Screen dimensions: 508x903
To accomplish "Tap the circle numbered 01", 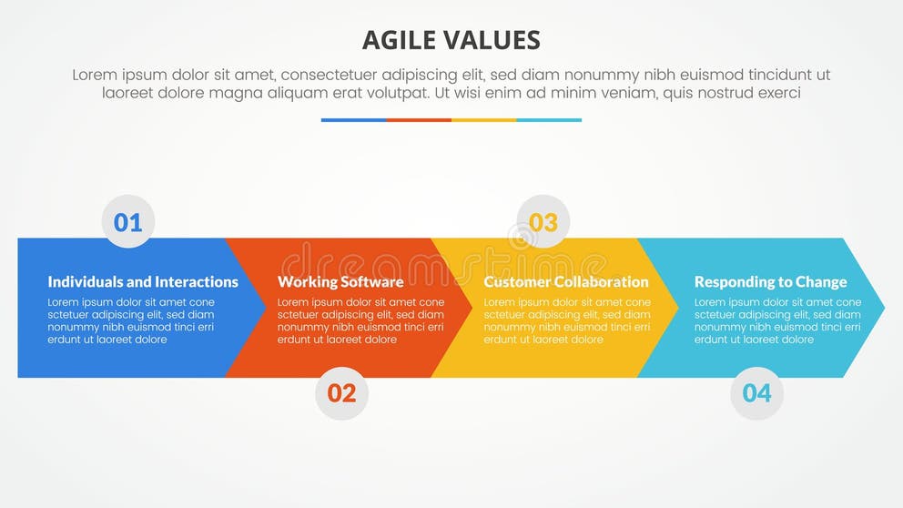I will tap(128, 222).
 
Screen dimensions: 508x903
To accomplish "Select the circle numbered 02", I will tap(341, 393).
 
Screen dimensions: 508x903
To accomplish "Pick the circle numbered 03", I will tap(543, 222).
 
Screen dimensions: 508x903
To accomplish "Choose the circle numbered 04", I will tap(756, 393).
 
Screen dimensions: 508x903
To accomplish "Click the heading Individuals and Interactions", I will tap(143, 282).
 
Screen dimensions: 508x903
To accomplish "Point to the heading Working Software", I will tap(340, 282).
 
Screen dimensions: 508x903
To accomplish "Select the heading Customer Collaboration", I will tap(566, 282).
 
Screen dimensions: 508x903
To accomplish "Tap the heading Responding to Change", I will tap(770, 282).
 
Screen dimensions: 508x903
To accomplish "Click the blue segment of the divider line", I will tap(353, 119).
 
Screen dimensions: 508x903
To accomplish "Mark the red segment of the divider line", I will tap(419, 119).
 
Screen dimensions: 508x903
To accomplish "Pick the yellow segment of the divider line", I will tap(483, 119).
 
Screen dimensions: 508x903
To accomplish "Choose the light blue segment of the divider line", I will tap(549, 119).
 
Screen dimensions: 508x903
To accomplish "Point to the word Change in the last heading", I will tap(820, 282).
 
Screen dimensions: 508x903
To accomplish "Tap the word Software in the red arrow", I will tap(372, 282).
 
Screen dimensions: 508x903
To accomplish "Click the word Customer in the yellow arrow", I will tap(515, 282).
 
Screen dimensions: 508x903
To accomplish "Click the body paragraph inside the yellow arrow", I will tap(566, 320).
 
